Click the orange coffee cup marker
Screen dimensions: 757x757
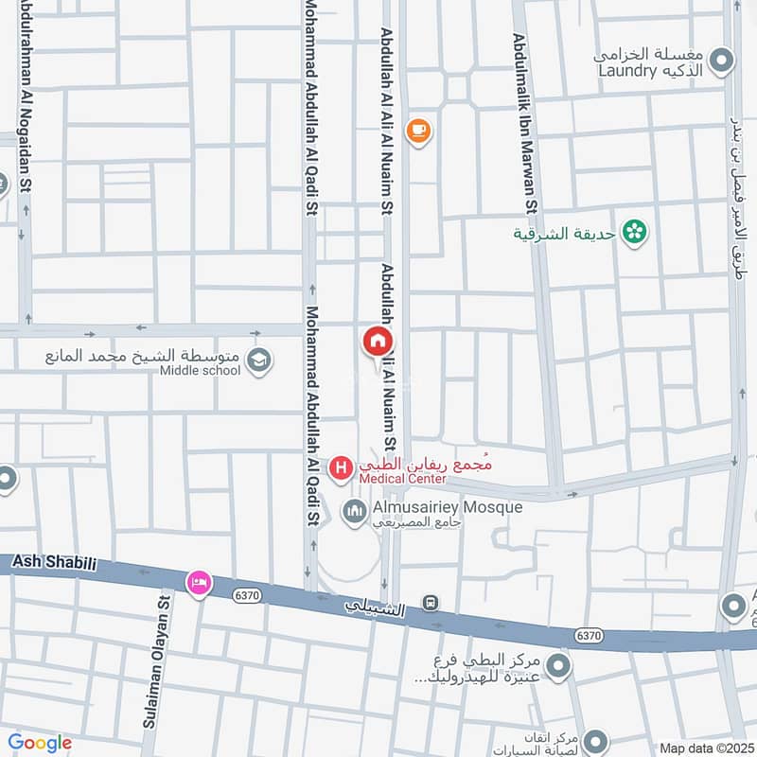tap(418, 132)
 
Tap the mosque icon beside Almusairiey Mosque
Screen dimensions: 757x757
tap(355, 512)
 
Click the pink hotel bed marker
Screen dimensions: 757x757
tap(199, 581)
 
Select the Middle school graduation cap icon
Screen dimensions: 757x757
tap(257, 361)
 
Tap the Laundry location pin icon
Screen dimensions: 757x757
tap(723, 62)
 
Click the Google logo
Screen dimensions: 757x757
tap(39, 743)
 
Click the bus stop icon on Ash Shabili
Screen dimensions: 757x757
tap(431, 603)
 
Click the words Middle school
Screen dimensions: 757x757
tap(201, 370)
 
